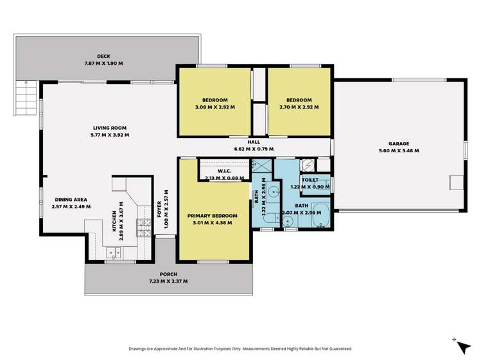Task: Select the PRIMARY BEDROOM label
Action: (x=212, y=216)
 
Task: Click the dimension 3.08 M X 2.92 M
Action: (x=214, y=107)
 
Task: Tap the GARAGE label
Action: (x=398, y=144)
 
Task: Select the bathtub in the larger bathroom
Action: (x=321, y=218)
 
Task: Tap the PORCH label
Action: (x=168, y=274)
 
